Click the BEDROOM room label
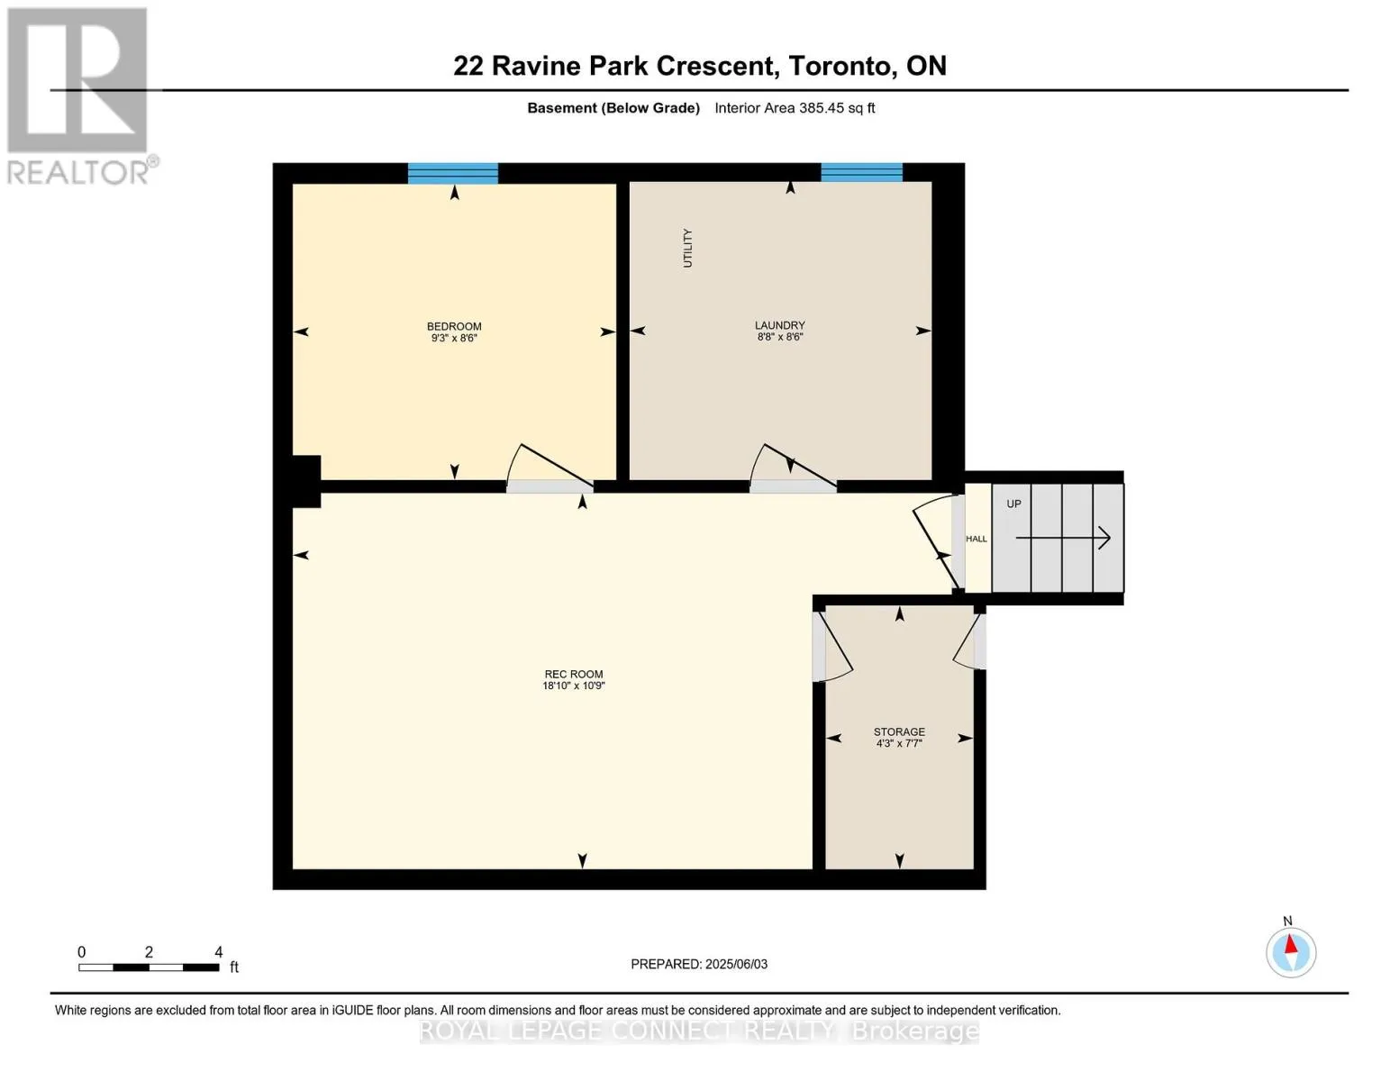click(454, 326)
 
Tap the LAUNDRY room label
click(779, 325)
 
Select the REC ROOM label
click(573, 674)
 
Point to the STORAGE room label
click(899, 731)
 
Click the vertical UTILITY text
click(687, 248)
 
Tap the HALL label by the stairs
click(976, 538)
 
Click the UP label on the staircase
click(1013, 504)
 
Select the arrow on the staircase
click(1062, 538)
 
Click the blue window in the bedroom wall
click(452, 173)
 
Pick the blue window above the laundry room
click(861, 172)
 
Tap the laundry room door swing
click(756, 459)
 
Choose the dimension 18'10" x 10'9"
click(573, 686)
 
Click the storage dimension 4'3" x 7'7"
click(899, 743)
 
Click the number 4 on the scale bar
click(218, 951)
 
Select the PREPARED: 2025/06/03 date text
click(698, 964)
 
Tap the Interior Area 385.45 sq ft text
click(795, 108)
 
